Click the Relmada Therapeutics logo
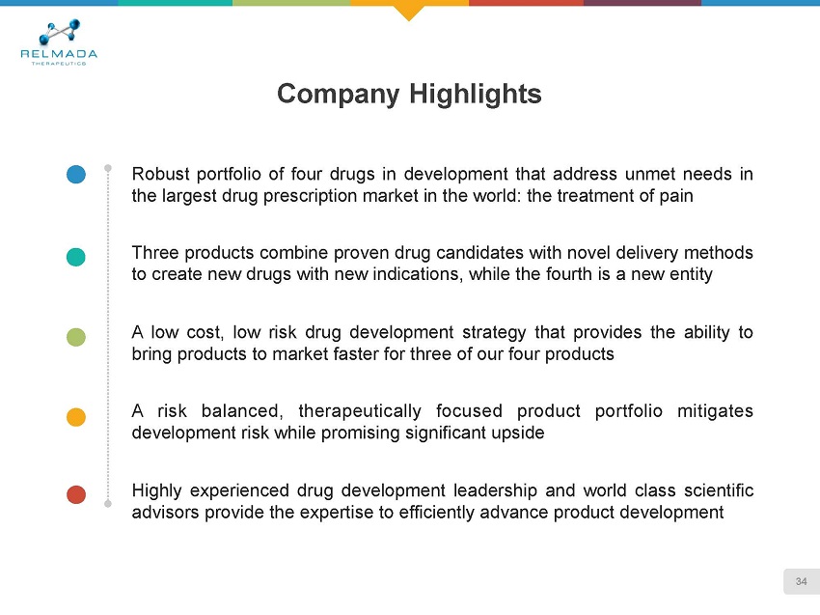[x=59, y=42]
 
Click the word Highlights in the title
[x=475, y=95]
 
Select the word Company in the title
[x=339, y=95]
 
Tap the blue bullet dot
[x=76, y=175]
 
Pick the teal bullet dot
[x=76, y=257]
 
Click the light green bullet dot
[x=76, y=337]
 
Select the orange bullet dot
[x=76, y=417]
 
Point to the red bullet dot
[x=76, y=494]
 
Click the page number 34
[x=801, y=581]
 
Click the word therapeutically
[x=360, y=412]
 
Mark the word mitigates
[x=715, y=411]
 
